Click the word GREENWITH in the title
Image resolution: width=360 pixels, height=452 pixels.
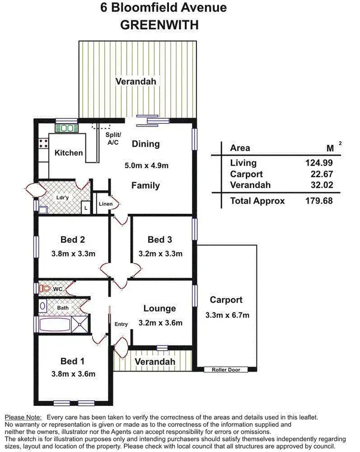pyautogui.click(x=159, y=25)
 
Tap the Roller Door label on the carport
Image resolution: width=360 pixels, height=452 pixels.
pyautogui.click(x=226, y=369)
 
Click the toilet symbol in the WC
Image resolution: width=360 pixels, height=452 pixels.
pyautogui.click(x=46, y=288)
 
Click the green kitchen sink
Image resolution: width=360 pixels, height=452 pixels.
pyautogui.click(x=67, y=128)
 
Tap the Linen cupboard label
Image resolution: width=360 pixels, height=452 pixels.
pyautogui.click(x=106, y=204)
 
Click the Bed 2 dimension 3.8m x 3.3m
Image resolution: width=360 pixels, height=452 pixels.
pyautogui.click(x=73, y=254)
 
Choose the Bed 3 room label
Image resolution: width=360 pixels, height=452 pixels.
pyautogui.click(x=160, y=240)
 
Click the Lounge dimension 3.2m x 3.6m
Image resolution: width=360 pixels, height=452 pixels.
pyautogui.click(x=160, y=323)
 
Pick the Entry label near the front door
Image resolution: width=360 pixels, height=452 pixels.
pyautogui.click(x=121, y=324)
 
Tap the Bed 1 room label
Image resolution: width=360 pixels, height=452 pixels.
pyautogui.click(x=73, y=361)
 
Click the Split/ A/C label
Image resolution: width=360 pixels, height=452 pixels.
pyautogui.click(x=113, y=138)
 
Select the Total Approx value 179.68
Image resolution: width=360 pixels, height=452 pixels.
pyautogui.click(x=319, y=201)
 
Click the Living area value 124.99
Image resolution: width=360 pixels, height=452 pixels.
pyautogui.click(x=319, y=163)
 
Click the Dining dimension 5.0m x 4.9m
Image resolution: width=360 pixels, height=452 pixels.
pyautogui.click(x=146, y=165)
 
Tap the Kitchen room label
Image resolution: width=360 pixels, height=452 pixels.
pyautogui.click(x=69, y=153)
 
